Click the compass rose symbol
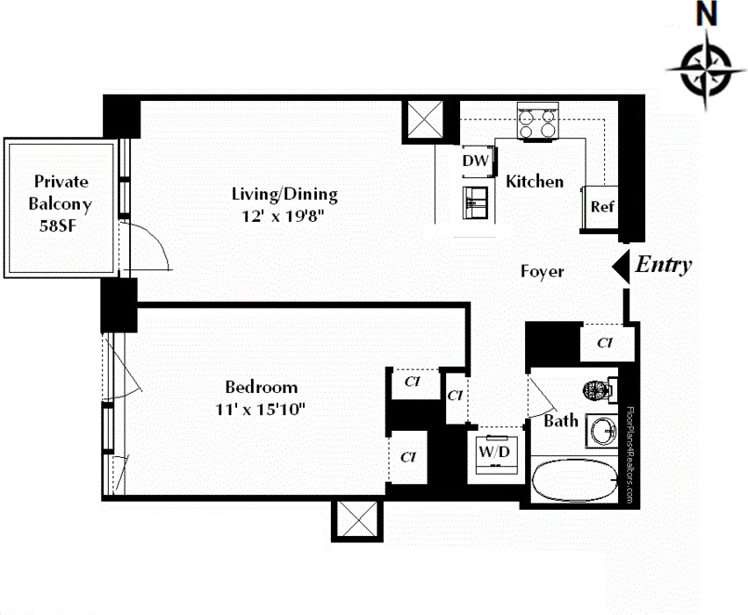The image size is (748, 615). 706,68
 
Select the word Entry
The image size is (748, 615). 664,265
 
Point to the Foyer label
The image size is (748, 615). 542,272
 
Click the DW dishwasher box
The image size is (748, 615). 475,161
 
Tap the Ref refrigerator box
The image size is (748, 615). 601,208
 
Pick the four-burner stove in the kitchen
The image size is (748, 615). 538,122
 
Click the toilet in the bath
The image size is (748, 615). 600,388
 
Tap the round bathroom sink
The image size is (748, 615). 603,431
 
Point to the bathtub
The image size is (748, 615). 577,481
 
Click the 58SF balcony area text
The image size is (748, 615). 61,225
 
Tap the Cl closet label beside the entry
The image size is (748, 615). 604,342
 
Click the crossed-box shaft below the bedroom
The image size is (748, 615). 357,520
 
